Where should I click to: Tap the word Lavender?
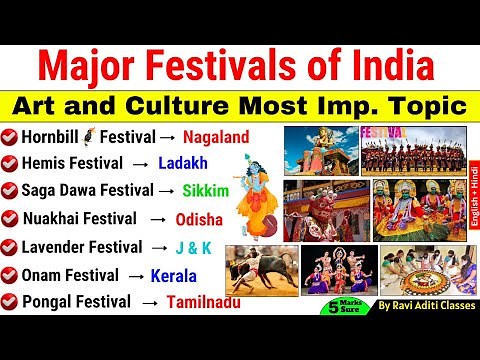pos(58,246)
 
